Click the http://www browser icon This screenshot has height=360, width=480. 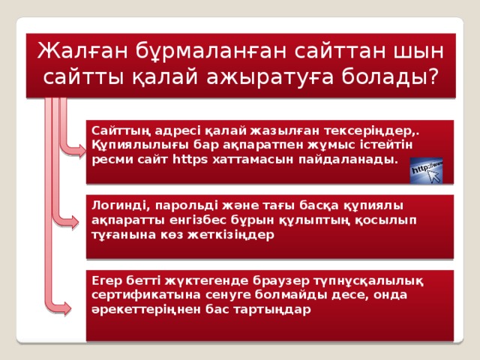click(x=424, y=169)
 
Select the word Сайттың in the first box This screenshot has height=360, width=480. click(x=116, y=129)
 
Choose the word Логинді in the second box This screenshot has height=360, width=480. click(x=115, y=204)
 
